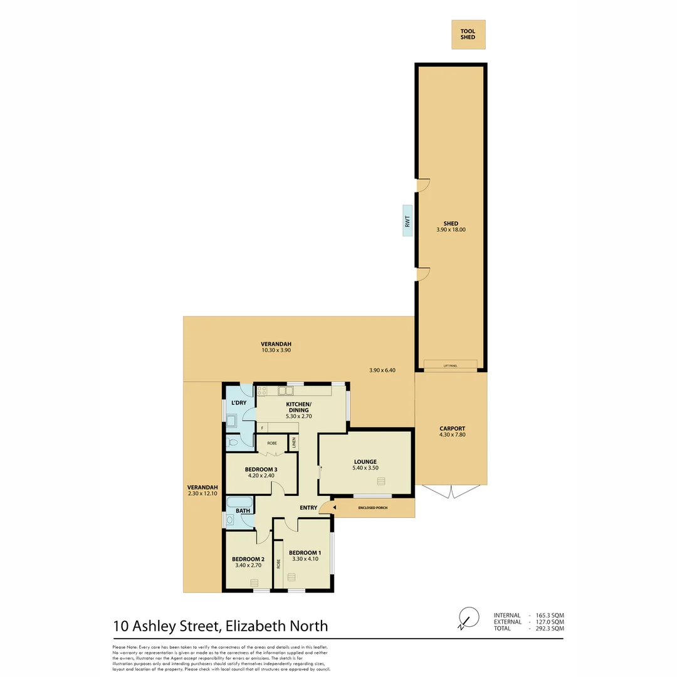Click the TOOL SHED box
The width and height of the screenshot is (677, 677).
[468, 34]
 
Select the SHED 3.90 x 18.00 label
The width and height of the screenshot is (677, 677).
[450, 227]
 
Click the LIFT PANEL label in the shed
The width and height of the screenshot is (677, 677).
[450, 365]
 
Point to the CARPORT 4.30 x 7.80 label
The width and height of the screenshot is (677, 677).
[452, 431]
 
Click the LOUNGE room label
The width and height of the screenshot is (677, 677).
[365, 464]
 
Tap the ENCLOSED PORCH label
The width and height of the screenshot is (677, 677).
[372, 507]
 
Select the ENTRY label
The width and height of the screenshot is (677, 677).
[308, 508]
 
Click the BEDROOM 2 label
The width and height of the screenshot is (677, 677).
[248, 562]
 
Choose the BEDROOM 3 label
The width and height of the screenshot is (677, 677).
[261, 473]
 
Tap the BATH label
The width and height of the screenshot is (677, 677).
[243, 511]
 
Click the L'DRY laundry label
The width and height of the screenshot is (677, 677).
[238, 402]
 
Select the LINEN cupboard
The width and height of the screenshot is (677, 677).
[293, 442]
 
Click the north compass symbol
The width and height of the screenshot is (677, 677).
[467, 617]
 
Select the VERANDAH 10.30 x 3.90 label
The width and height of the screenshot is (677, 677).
[276, 347]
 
